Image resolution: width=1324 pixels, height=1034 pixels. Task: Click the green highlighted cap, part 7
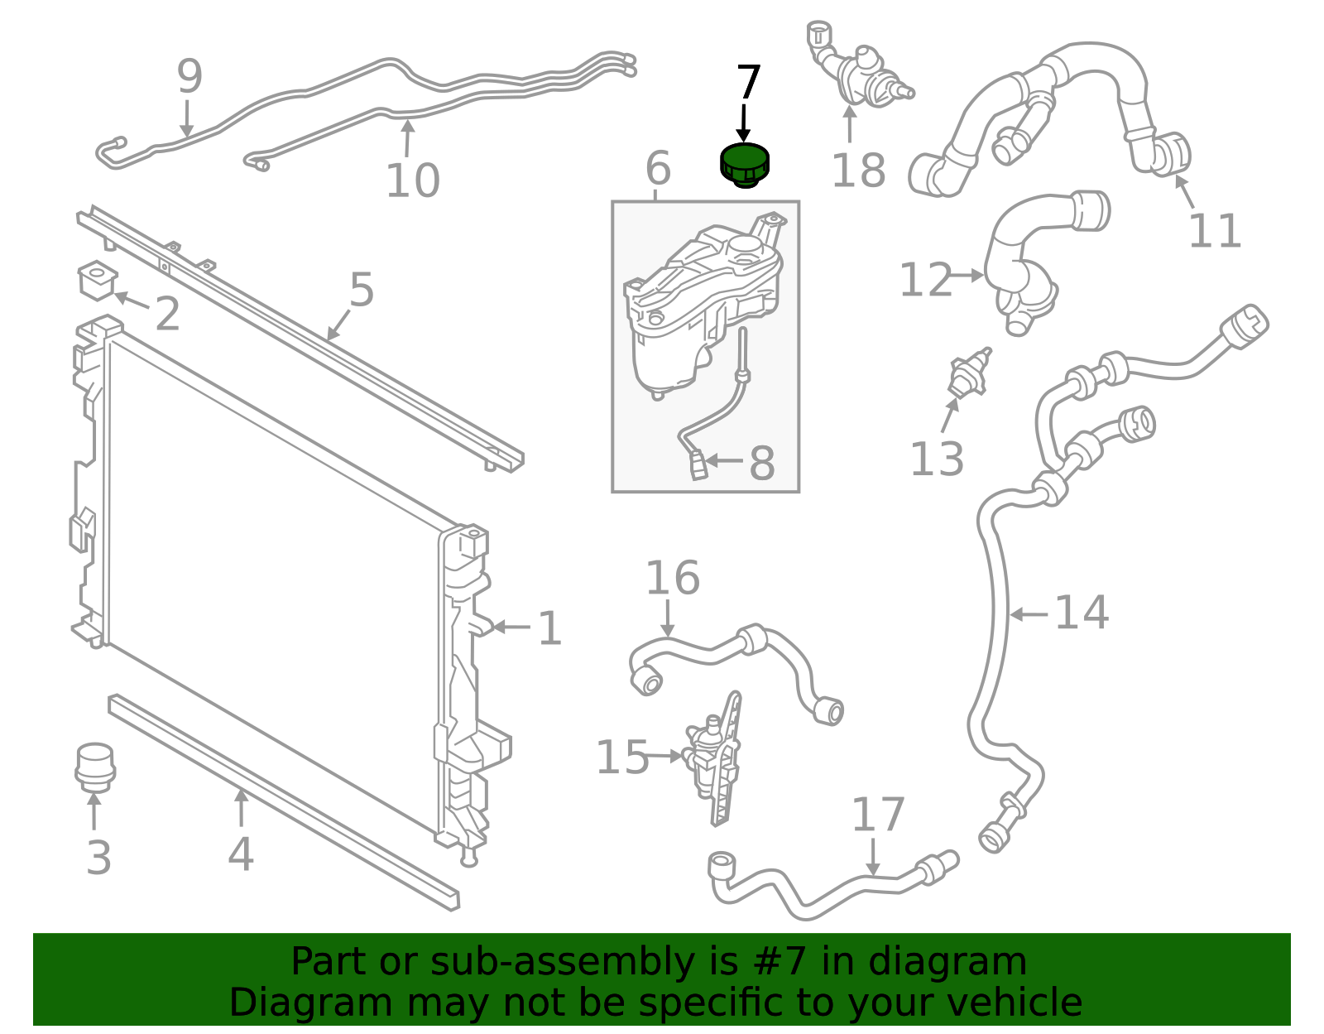tap(744, 164)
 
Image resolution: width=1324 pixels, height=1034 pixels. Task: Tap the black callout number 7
tap(747, 84)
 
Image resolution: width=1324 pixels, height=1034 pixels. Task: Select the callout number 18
tap(858, 171)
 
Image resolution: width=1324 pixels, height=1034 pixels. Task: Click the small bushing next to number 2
tap(96, 280)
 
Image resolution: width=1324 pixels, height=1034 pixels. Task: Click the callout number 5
tap(362, 291)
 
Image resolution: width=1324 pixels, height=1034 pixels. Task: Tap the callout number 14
tap(1081, 613)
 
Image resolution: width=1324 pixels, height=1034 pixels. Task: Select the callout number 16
tap(672, 578)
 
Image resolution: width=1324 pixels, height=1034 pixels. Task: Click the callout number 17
tap(878, 815)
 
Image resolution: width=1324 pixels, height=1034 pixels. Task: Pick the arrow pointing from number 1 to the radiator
tap(512, 628)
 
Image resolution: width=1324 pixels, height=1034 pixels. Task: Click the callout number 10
tap(412, 180)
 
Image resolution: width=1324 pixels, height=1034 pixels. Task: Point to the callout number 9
tap(189, 77)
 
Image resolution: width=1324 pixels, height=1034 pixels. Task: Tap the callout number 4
tap(240, 854)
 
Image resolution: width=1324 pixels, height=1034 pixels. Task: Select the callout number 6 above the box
tap(657, 169)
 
